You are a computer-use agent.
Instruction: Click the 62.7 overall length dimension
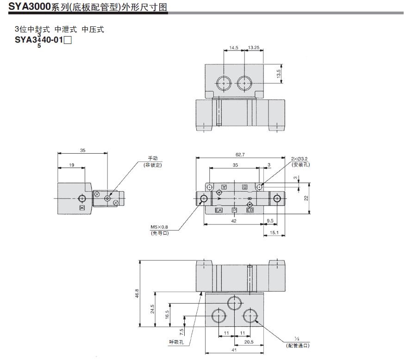239,155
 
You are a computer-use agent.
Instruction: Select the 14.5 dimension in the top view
233,48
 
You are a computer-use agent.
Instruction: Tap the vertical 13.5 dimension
279,74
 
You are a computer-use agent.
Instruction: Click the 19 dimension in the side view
71,165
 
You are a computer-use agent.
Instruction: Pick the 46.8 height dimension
137,294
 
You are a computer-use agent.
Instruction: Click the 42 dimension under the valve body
234,221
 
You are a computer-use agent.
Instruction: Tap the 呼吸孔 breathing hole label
176,342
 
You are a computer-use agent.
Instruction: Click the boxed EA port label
219,211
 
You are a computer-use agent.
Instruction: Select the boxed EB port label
250,211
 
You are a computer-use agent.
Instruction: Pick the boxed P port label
234,211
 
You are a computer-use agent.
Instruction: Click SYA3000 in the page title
29,6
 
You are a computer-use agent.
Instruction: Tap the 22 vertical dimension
306,198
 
